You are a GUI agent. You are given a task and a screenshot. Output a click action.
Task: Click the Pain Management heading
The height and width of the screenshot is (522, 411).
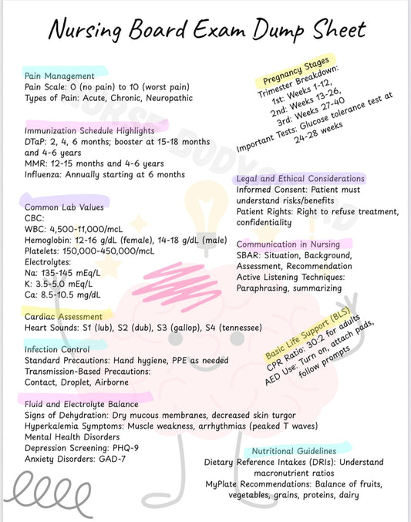(x=59, y=76)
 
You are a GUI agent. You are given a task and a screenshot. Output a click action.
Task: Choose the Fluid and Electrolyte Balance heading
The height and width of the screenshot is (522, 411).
(x=82, y=403)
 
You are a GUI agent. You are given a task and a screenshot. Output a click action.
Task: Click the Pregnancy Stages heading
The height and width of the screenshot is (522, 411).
(x=295, y=70)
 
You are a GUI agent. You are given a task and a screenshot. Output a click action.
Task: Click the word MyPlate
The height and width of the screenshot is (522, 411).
(x=227, y=483)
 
